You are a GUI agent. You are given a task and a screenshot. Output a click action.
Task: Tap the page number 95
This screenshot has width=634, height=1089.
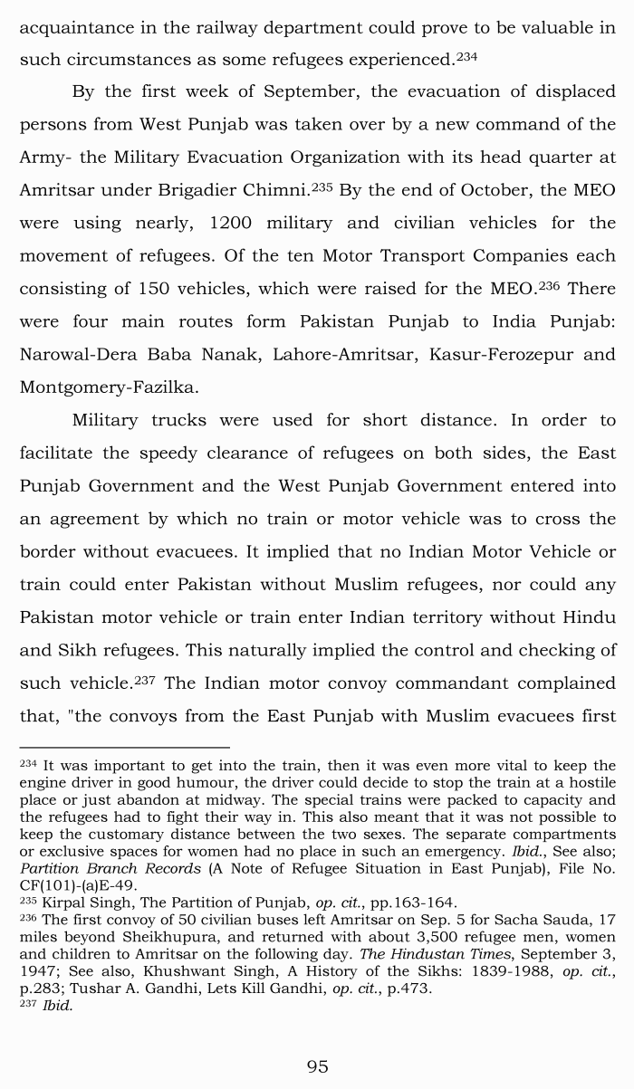(317, 1066)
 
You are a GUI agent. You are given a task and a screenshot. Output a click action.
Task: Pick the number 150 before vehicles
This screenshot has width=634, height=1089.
(158, 289)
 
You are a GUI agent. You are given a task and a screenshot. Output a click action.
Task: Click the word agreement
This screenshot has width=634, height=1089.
(96, 519)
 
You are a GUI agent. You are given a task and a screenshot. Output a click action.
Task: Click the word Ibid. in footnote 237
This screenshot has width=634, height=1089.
(57, 1006)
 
